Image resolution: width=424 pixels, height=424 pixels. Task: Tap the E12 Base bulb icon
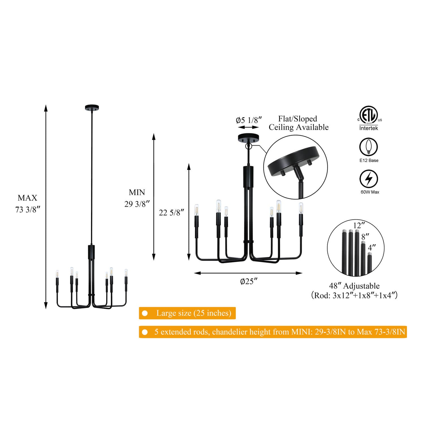click(x=369, y=147)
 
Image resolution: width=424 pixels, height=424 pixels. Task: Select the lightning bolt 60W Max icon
click(x=369, y=179)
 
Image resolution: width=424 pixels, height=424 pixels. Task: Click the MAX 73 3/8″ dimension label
click(x=27, y=204)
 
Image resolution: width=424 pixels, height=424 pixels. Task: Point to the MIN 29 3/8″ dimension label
click(x=137, y=198)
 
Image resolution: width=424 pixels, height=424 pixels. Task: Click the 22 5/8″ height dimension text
click(x=172, y=213)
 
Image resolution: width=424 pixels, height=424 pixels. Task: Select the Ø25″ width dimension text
click(x=249, y=281)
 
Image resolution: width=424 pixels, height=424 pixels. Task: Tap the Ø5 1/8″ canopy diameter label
click(x=249, y=120)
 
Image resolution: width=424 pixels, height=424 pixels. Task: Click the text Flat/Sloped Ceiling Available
click(x=298, y=123)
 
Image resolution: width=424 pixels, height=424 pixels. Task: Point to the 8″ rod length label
click(x=365, y=237)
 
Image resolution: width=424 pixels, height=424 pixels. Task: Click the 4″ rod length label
click(x=372, y=248)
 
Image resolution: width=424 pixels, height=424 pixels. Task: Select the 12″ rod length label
click(x=357, y=225)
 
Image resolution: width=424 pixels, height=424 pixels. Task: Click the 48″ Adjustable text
click(x=354, y=286)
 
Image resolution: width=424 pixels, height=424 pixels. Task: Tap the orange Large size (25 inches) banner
click(x=187, y=313)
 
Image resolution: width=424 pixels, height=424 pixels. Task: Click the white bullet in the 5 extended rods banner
click(x=145, y=332)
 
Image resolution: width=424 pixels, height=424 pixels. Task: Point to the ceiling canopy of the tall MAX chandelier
click(x=92, y=108)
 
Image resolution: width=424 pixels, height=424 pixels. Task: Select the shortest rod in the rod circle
click(x=369, y=265)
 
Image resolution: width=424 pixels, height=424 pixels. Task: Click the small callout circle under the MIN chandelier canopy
click(x=249, y=146)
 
